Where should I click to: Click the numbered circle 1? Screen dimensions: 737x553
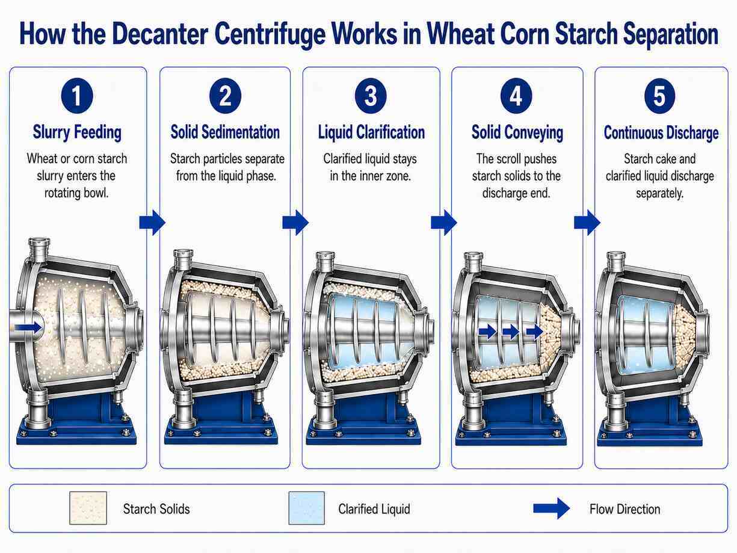[x=77, y=96]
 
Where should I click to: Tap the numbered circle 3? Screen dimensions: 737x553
[x=371, y=96]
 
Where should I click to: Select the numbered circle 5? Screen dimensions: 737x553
[x=659, y=96]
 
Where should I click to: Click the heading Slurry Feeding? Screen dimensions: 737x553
[x=77, y=132]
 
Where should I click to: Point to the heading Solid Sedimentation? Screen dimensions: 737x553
[x=225, y=132]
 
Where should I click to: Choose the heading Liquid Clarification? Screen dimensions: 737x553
[x=371, y=132]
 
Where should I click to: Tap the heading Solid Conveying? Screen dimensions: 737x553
[x=517, y=132]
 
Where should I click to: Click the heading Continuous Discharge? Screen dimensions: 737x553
[x=661, y=132]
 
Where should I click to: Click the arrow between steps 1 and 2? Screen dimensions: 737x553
[x=152, y=222]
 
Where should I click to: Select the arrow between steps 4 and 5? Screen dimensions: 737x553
[x=587, y=222]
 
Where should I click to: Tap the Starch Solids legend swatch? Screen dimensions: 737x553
[x=88, y=508]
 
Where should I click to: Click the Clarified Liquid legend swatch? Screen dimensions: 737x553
[x=307, y=508]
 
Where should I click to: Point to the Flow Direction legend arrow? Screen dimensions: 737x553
[x=551, y=508]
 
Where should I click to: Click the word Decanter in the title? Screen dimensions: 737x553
[x=160, y=34]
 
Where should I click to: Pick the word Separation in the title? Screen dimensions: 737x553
[x=670, y=35]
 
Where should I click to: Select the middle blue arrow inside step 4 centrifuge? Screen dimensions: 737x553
[x=511, y=332]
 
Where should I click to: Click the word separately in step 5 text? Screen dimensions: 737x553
[x=659, y=193]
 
